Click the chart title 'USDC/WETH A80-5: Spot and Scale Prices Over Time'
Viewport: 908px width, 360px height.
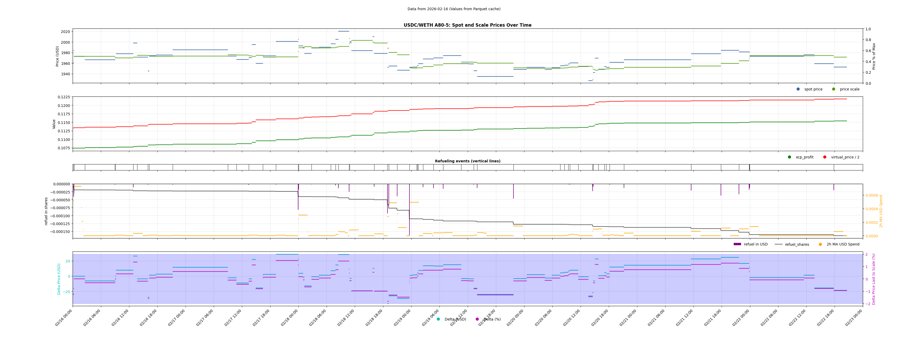point(467,25)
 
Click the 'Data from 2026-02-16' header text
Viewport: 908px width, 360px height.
point(454,9)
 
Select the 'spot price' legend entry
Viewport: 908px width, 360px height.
point(813,89)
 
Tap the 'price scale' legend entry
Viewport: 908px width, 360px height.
point(849,89)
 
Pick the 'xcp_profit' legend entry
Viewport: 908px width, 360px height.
point(804,157)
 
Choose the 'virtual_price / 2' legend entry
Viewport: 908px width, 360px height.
point(845,157)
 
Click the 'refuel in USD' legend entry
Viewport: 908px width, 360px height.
point(755,244)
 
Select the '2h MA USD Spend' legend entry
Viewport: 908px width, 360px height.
point(843,244)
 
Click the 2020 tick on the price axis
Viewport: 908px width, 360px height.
point(65,32)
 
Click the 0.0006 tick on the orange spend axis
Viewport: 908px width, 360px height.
point(872,195)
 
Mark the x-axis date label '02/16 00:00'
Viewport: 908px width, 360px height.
point(64,318)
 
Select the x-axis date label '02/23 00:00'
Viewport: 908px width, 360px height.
point(854,318)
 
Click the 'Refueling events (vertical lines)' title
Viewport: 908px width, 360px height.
point(467,161)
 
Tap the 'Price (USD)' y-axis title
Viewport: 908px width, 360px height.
point(57,56)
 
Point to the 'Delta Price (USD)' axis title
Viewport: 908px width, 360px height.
point(59,279)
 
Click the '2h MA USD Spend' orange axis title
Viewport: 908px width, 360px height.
point(881,211)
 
